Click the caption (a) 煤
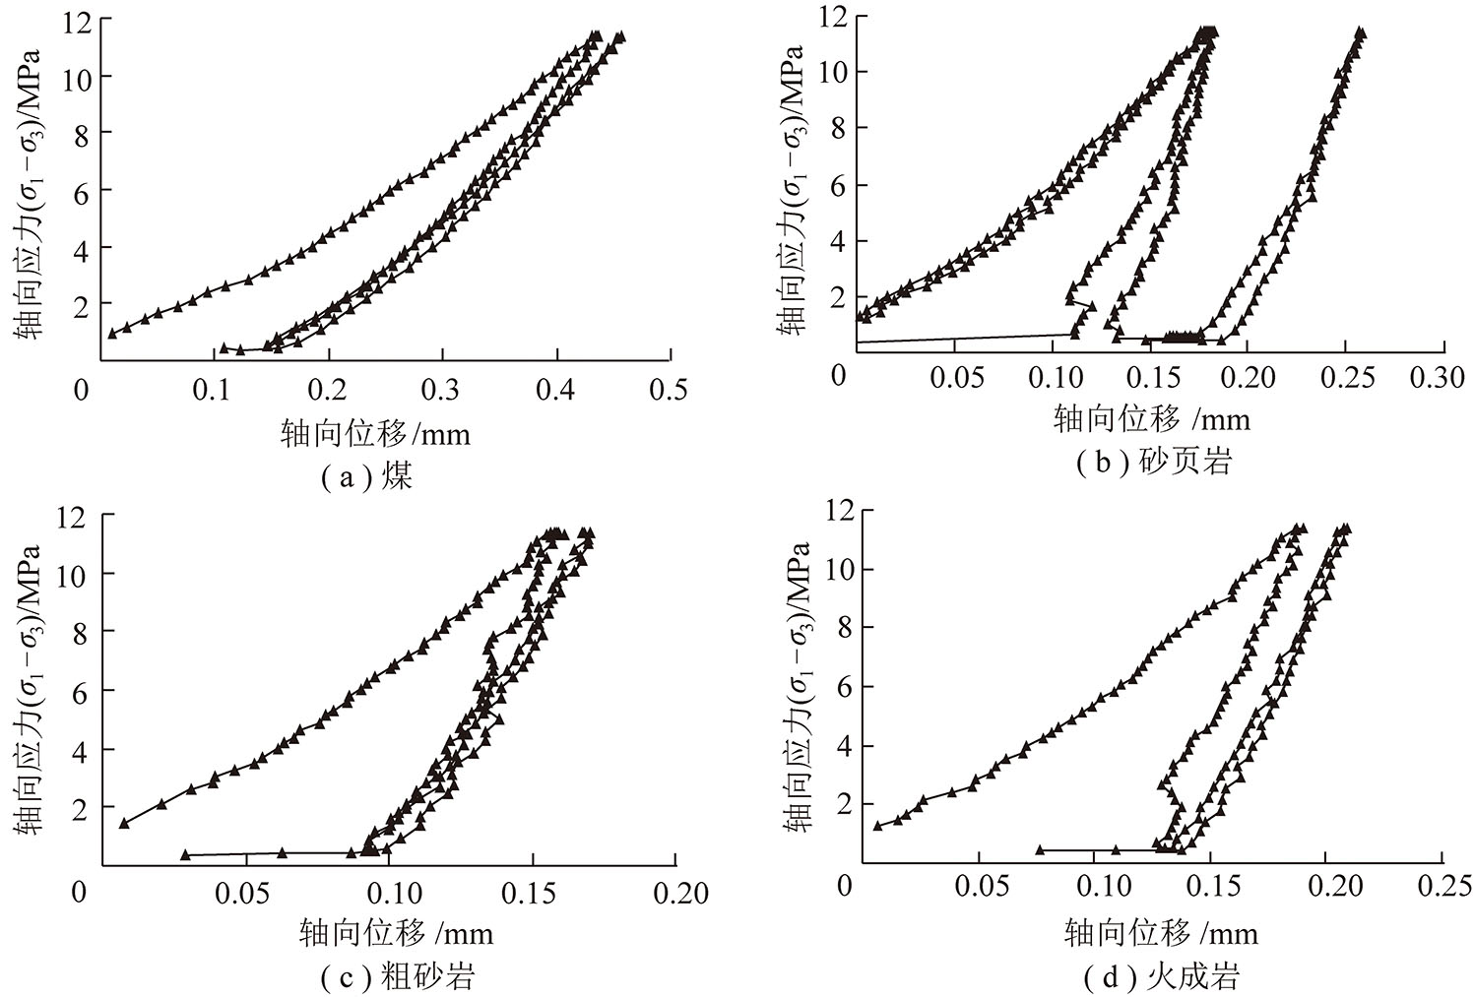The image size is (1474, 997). pyautogui.click(x=366, y=477)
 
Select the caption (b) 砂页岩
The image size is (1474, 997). pyautogui.click(x=1154, y=461)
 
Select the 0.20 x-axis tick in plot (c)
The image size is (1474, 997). pyautogui.click(x=679, y=893)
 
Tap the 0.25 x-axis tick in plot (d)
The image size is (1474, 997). pyautogui.click(x=1442, y=885)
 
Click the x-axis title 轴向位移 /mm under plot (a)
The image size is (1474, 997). pyautogui.click(x=375, y=433)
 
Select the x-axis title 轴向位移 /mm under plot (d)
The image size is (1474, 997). pyautogui.click(x=1160, y=932)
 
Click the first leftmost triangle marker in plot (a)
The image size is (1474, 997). pyautogui.click(x=112, y=333)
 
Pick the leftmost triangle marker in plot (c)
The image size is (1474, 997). pyautogui.click(x=124, y=823)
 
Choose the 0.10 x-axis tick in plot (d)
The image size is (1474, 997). pyautogui.click(x=1095, y=885)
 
